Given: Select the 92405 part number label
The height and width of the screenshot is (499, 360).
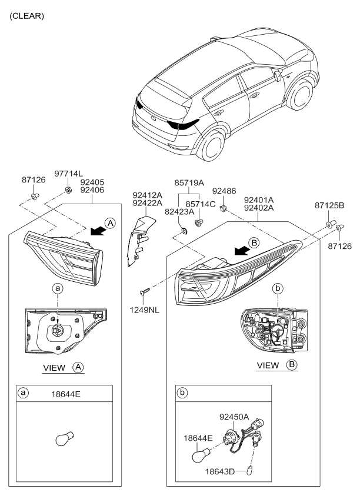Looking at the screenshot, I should (x=92, y=183).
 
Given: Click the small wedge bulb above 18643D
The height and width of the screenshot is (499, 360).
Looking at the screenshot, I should (x=251, y=470).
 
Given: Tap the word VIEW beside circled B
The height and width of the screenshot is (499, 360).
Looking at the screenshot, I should (x=268, y=365).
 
